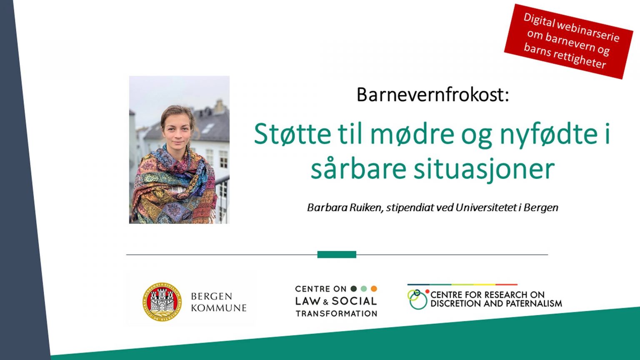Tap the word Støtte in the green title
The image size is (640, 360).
click(x=292, y=134)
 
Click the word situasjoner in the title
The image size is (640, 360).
click(x=484, y=170)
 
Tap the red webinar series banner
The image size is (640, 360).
click(x=569, y=41)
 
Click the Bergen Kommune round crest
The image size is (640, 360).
click(x=162, y=302)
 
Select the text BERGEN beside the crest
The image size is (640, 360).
click(x=211, y=296)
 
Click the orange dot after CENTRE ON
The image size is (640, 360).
click(x=374, y=289)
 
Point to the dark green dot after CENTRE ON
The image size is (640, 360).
click(x=354, y=289)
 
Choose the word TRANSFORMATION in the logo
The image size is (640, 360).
click(x=336, y=313)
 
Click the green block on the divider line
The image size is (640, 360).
click(x=337, y=254)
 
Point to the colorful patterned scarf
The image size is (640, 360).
click(x=174, y=186)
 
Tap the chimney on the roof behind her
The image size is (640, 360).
click(x=220, y=106)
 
